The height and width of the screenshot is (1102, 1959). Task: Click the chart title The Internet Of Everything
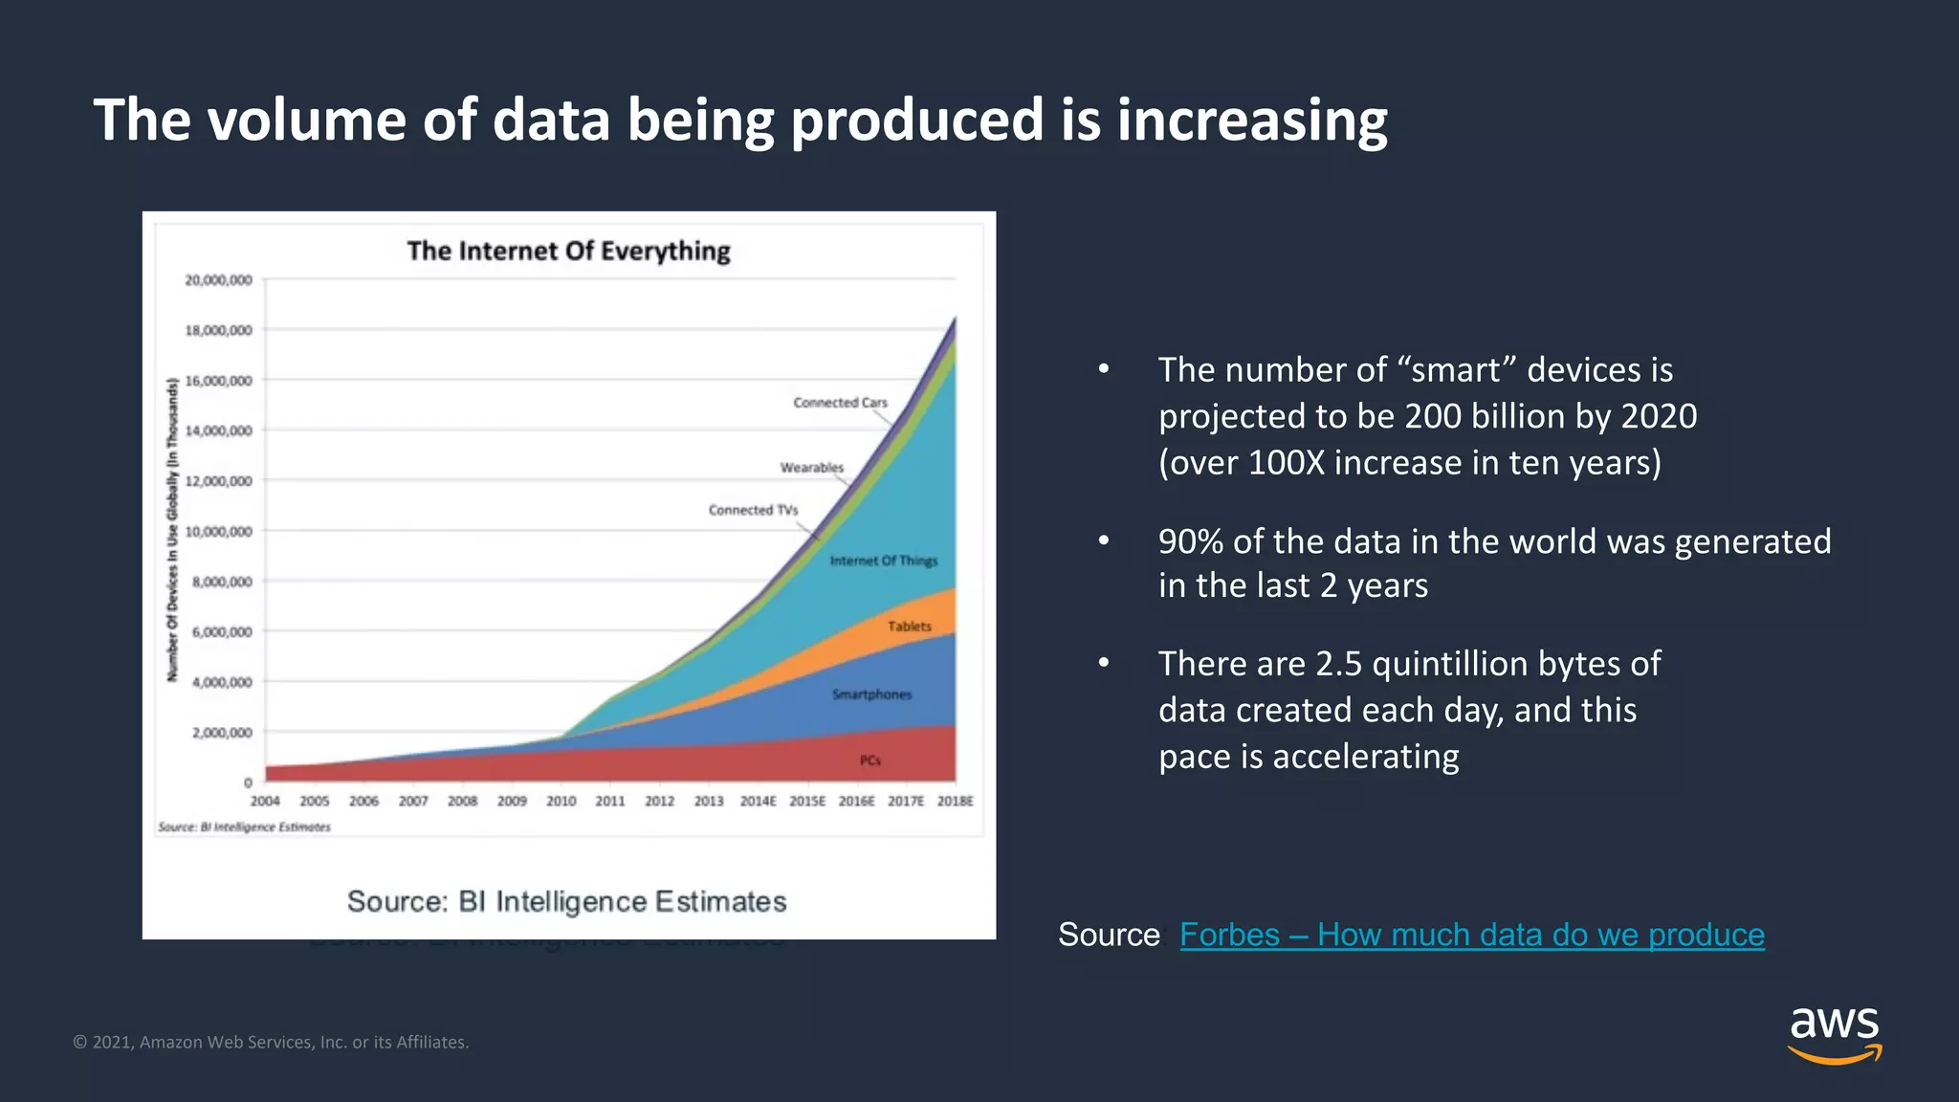[x=568, y=251]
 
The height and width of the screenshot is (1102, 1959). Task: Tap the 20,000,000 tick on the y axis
[x=218, y=280]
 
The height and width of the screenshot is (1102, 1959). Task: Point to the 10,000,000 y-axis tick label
[x=218, y=532]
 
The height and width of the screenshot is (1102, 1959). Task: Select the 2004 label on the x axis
[x=265, y=802]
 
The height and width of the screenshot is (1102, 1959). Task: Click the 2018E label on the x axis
[x=955, y=802]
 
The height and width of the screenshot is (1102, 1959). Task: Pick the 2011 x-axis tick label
[x=609, y=802]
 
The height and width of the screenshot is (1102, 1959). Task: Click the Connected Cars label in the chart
[x=840, y=403]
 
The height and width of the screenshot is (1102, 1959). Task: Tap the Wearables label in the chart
[x=811, y=468]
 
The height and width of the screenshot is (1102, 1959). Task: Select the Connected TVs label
[x=753, y=510]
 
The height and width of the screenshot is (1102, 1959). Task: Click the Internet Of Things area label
[x=883, y=561]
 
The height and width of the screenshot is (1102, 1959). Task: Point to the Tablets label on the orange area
[x=909, y=627]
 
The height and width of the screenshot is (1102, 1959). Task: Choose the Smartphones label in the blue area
[x=871, y=694]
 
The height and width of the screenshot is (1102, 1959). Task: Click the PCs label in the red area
[x=869, y=760]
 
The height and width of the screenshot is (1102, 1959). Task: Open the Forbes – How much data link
[x=1471, y=935]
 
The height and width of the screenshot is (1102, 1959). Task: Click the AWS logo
[x=1834, y=1034]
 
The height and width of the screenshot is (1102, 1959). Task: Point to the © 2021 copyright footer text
[x=271, y=1043]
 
